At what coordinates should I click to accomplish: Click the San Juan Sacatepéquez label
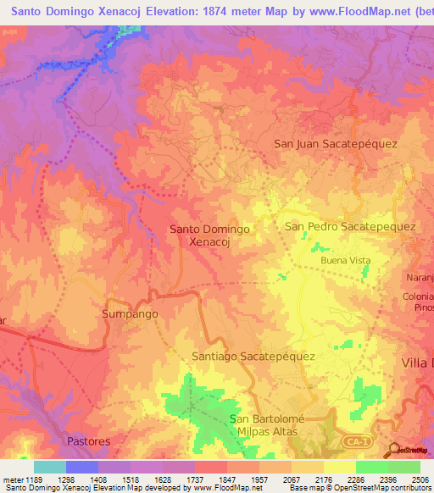click(336, 144)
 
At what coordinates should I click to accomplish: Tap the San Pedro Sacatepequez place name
click(349, 226)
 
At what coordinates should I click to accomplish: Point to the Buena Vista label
click(345, 261)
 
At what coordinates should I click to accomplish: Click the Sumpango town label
click(130, 313)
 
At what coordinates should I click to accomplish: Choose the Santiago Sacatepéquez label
click(253, 357)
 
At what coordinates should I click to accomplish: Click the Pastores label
click(88, 442)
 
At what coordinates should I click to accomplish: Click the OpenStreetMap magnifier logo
click(393, 450)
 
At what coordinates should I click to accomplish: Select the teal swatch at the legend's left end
click(49, 468)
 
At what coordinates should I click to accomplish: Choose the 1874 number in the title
click(216, 11)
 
